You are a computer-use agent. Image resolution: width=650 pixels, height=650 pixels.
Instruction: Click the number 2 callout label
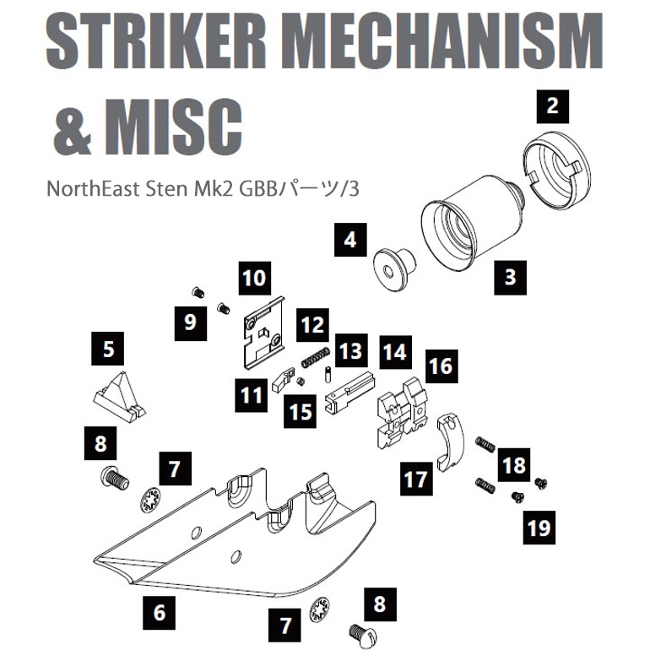click(x=553, y=106)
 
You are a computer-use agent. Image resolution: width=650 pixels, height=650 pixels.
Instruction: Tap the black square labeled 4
click(x=349, y=240)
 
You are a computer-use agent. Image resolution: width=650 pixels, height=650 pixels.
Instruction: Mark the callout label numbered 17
click(x=416, y=479)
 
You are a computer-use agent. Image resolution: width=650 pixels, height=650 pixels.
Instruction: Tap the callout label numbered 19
click(x=538, y=527)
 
